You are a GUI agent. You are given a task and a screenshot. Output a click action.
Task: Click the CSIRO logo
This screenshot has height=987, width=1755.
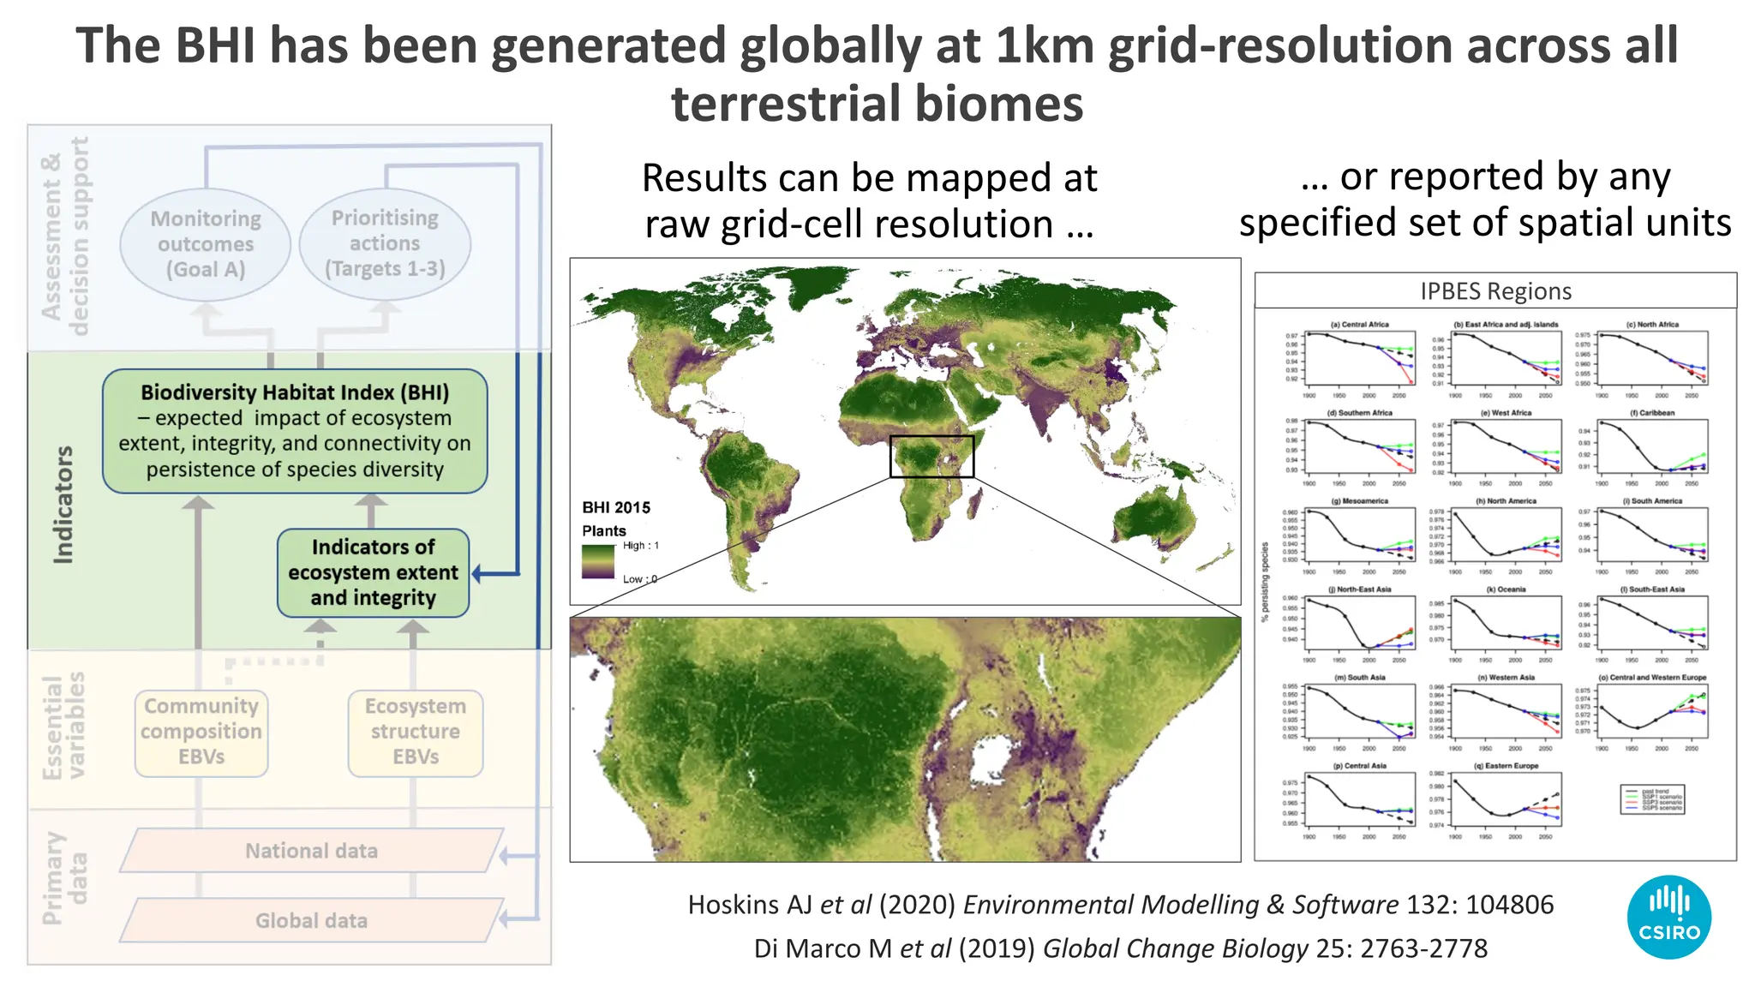coord(1668,917)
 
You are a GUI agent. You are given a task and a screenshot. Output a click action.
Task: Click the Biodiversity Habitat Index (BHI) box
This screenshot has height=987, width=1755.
coord(295,431)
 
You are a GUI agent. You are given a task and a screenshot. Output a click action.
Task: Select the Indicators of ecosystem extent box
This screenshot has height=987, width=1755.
coord(373,572)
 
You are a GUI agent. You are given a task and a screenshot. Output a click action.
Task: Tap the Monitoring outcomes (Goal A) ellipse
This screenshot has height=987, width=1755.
coord(206,244)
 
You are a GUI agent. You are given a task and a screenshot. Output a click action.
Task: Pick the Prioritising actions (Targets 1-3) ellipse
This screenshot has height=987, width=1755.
coord(385,243)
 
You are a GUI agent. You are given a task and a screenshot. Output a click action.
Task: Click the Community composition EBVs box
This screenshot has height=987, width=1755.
coord(201,733)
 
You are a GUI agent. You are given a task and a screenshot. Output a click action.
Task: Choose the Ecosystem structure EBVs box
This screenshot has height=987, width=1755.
coord(416,733)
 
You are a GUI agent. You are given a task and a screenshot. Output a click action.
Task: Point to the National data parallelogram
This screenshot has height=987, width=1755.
coord(311,851)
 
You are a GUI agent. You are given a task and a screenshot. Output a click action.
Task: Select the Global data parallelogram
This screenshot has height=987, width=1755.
coord(311,921)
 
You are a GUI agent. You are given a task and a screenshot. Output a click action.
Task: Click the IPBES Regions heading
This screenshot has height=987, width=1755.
coord(1495,291)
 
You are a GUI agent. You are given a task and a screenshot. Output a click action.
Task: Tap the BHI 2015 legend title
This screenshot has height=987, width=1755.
coord(616,507)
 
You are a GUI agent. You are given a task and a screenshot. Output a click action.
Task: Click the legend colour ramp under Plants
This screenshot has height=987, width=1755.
coord(598,562)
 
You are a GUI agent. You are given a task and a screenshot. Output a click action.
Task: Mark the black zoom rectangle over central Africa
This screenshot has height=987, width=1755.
coord(931,456)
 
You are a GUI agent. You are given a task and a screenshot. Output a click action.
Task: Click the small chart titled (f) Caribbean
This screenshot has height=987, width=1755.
coord(1653,446)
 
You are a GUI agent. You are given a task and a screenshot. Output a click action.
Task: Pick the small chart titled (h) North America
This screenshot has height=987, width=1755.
coord(1506,534)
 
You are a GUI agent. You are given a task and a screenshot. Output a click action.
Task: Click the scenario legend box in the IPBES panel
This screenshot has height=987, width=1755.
coord(1653,799)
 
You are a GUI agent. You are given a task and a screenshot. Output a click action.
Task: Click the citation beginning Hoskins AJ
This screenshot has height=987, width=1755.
coord(1120,905)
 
